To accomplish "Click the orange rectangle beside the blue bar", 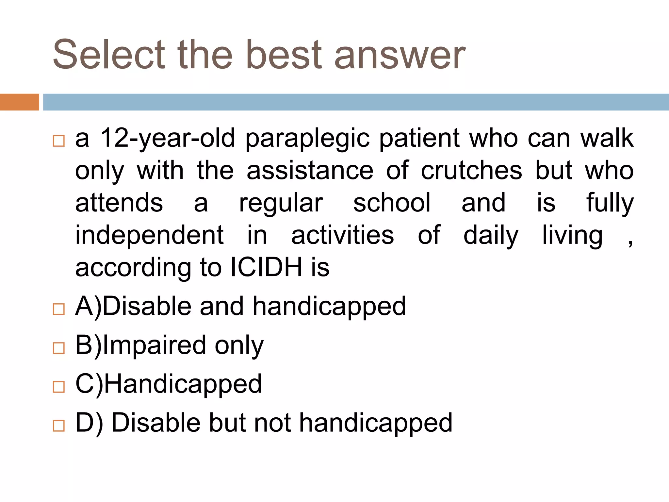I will (19, 102).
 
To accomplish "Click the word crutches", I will (471, 171).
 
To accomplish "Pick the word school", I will (392, 203).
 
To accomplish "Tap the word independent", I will (149, 235).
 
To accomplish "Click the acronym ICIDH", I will (266, 267).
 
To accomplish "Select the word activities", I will (343, 235).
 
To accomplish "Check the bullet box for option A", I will (59, 309).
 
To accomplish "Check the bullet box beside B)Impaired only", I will (59, 348).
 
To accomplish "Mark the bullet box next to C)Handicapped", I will (59, 387).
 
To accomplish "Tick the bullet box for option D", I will (59, 426).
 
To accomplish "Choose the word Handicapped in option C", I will (183, 384).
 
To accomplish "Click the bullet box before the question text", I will (59, 141).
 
